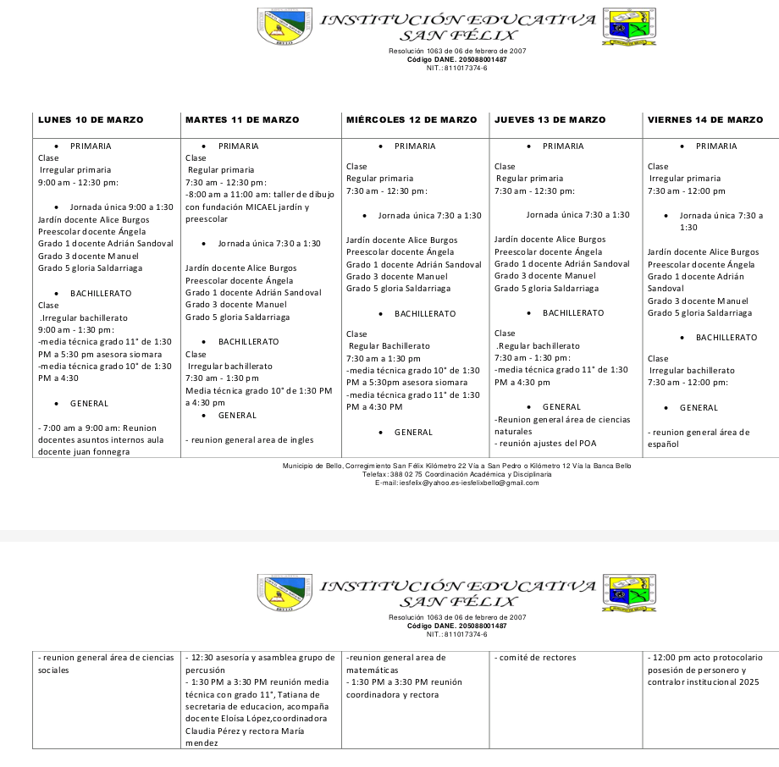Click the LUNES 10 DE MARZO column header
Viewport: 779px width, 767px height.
[x=91, y=120]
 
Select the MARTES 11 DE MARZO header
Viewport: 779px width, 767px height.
[x=242, y=120]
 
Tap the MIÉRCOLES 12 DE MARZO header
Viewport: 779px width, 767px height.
[x=412, y=120]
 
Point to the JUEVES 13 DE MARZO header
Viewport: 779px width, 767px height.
[x=550, y=120]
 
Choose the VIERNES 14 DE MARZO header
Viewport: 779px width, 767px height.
[x=705, y=120]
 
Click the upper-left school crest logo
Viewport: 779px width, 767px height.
[x=279, y=26]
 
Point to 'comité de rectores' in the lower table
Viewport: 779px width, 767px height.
[x=536, y=657]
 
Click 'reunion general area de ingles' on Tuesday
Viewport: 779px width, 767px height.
[x=250, y=440]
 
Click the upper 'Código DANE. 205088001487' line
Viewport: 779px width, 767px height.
[x=456, y=60]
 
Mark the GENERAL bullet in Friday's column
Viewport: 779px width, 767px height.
[x=699, y=408]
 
